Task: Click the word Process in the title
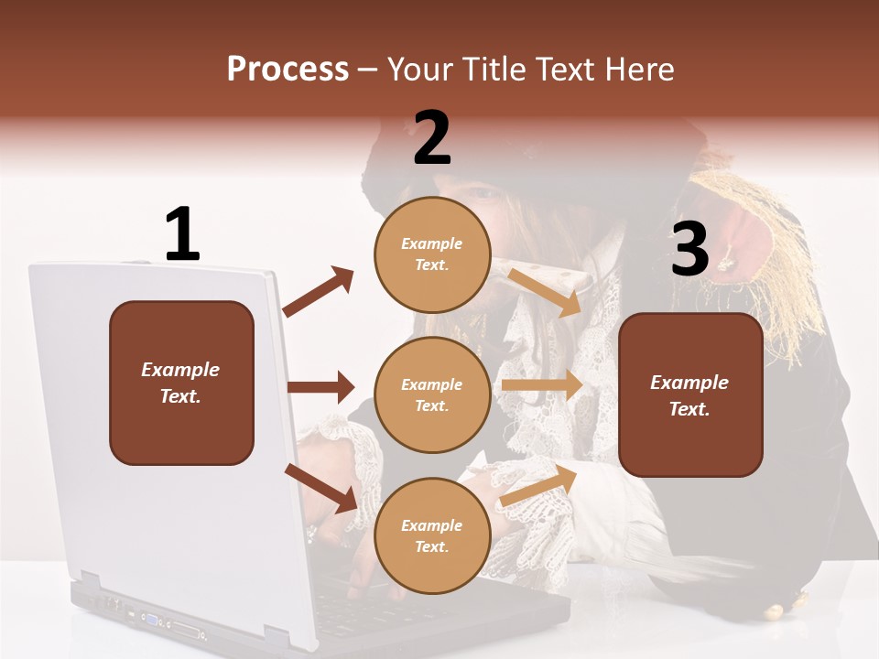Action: click(x=288, y=70)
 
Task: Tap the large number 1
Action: click(x=181, y=235)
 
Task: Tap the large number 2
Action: click(x=431, y=138)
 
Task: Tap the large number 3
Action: click(x=689, y=249)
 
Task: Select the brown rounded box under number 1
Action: click(x=181, y=383)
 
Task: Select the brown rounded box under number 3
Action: click(x=689, y=394)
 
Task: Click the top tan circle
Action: click(x=432, y=254)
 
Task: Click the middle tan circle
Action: click(x=432, y=394)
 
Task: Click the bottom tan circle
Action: click(x=432, y=535)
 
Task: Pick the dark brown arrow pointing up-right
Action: click(x=319, y=292)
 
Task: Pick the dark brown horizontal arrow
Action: click(x=320, y=387)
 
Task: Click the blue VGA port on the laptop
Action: click(x=150, y=620)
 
